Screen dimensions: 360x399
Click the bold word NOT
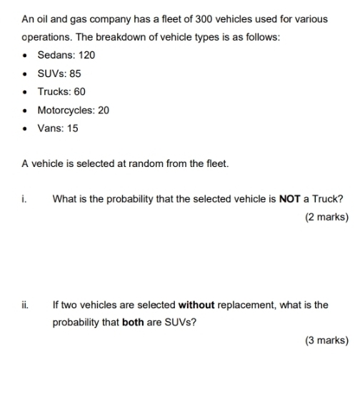pyautogui.click(x=289, y=199)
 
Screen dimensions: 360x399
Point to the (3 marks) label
pyautogui.click(x=326, y=340)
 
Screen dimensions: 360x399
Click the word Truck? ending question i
pyautogui.click(x=328, y=199)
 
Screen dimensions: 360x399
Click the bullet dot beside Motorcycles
pyautogui.click(x=26, y=111)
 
